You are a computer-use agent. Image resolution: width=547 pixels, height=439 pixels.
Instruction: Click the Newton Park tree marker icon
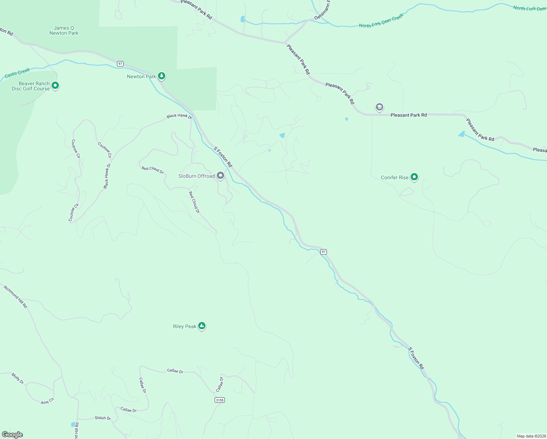(x=162, y=76)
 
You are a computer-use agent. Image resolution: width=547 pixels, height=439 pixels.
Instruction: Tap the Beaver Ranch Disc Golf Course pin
(x=55, y=86)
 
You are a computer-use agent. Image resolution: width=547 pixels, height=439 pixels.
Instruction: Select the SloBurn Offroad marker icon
(x=220, y=176)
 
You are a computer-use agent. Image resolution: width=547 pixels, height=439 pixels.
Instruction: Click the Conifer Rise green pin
(x=414, y=177)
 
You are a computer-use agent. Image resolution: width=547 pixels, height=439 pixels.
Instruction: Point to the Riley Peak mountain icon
(x=201, y=326)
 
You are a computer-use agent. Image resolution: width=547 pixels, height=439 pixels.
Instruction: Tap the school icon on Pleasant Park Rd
(x=380, y=107)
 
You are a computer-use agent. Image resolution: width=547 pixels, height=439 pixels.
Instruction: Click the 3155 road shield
(x=220, y=400)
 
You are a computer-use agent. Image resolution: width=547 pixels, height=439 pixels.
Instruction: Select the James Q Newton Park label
(x=64, y=30)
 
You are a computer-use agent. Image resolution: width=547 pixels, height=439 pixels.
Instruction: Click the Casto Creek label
(x=17, y=73)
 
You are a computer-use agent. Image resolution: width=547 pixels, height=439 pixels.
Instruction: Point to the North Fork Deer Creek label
(x=381, y=21)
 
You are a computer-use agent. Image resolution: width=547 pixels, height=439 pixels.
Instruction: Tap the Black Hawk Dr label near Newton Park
(x=179, y=116)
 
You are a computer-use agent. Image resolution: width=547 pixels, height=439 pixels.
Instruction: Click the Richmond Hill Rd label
(x=15, y=296)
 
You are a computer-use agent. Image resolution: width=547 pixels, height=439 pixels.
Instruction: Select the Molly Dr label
(x=18, y=378)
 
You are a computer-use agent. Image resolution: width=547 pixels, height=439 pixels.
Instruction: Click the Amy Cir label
(x=47, y=401)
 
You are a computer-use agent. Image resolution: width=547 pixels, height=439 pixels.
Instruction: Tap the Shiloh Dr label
(x=103, y=418)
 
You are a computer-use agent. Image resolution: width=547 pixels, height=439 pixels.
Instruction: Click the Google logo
(x=12, y=435)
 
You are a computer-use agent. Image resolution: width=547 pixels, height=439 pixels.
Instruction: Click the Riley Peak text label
(x=185, y=326)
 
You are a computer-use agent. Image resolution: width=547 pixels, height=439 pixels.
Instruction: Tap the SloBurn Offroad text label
(x=196, y=176)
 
